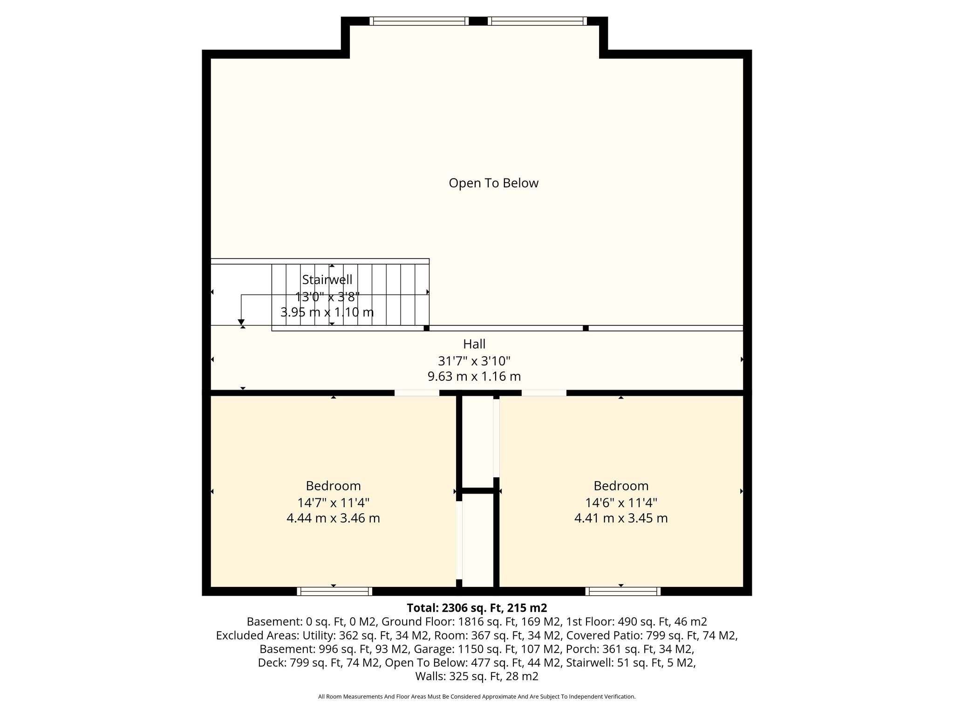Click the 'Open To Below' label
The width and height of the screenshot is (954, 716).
pos(493,183)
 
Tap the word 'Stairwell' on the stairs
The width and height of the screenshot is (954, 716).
pos(327,280)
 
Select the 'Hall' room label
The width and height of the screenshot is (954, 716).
pos(474,344)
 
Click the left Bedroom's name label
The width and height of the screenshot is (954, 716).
pos(333,486)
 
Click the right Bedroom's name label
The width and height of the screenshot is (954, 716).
pos(621,486)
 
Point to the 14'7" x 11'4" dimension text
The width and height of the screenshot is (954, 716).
pos(333,503)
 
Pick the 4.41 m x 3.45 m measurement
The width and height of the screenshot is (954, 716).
pos(621,518)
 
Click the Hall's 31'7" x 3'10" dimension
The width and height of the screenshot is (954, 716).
pos(474,361)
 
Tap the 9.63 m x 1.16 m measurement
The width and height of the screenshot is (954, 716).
pos(474,376)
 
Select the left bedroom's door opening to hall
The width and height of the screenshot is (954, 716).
pos(417,393)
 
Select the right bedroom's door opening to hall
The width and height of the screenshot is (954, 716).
pos(544,393)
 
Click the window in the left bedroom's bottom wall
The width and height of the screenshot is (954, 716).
pos(334,591)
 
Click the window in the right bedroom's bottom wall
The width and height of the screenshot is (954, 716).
pos(623,591)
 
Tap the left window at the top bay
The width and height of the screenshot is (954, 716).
pos(419,21)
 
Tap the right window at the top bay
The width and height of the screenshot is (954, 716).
pos(537,21)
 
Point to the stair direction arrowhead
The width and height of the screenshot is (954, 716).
pos(241,322)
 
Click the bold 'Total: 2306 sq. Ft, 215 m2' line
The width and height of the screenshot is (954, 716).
pos(477,608)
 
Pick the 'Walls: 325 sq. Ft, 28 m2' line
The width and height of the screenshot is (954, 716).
pos(477,676)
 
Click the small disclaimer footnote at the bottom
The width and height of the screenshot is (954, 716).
pos(477,697)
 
